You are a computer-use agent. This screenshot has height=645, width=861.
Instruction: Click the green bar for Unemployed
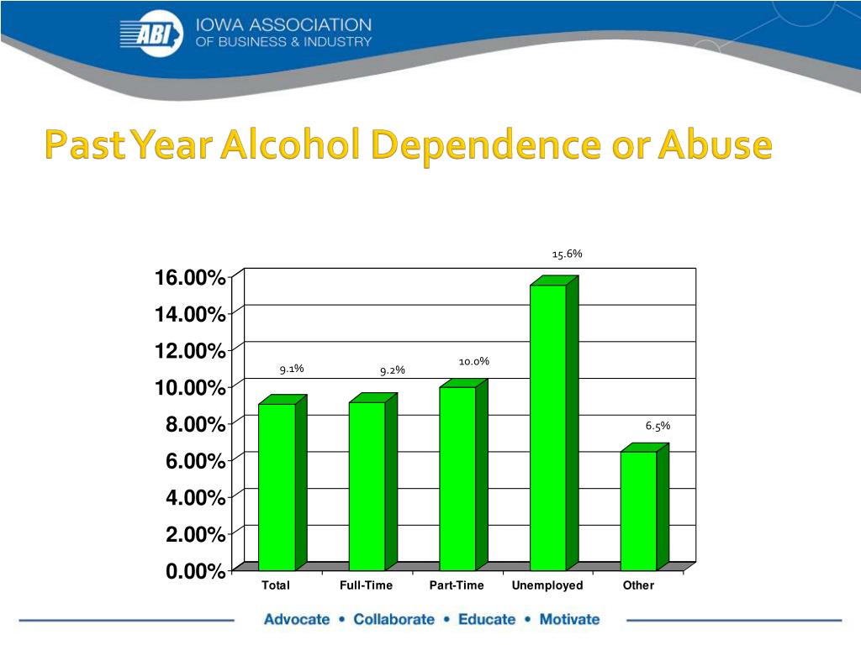coord(548,428)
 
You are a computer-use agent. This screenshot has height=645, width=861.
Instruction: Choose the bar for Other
coord(638,511)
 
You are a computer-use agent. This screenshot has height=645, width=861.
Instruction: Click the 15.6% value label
coord(567,253)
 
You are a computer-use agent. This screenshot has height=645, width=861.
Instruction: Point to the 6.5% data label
coord(658,426)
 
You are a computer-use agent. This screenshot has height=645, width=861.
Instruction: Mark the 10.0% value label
coord(474,361)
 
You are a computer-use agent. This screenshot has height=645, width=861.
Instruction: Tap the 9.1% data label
coord(292,368)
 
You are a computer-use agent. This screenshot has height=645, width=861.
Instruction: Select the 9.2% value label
coord(393,370)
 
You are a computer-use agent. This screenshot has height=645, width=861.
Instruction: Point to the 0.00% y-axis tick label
coord(195,572)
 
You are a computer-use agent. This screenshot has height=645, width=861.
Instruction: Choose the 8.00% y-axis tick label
coord(195,425)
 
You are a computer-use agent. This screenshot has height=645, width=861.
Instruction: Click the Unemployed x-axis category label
coord(547,585)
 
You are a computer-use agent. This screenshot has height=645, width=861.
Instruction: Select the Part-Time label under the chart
coord(457,585)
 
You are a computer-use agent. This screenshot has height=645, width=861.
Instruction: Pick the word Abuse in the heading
coord(715,146)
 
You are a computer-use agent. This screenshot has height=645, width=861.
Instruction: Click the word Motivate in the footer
coord(569,620)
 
